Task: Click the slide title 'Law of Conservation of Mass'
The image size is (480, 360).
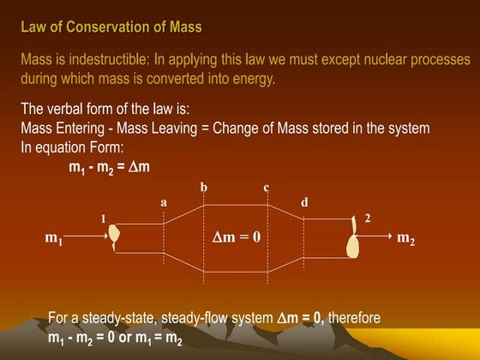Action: [111, 27]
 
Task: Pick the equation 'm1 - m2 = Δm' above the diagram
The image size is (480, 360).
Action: [109, 165]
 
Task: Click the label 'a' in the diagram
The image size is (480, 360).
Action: [164, 201]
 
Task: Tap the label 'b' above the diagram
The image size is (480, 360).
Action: [203, 186]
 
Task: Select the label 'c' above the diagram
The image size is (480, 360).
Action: [267, 186]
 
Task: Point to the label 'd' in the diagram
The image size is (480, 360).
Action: [304, 201]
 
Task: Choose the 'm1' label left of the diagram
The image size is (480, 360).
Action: [54, 238]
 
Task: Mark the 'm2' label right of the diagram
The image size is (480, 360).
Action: [406, 238]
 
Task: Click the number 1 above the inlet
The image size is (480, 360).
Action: [104, 219]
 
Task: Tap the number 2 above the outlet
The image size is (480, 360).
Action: [368, 219]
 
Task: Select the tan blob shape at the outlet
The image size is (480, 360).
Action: [353, 239]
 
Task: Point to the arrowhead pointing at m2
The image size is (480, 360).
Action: [389, 233]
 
